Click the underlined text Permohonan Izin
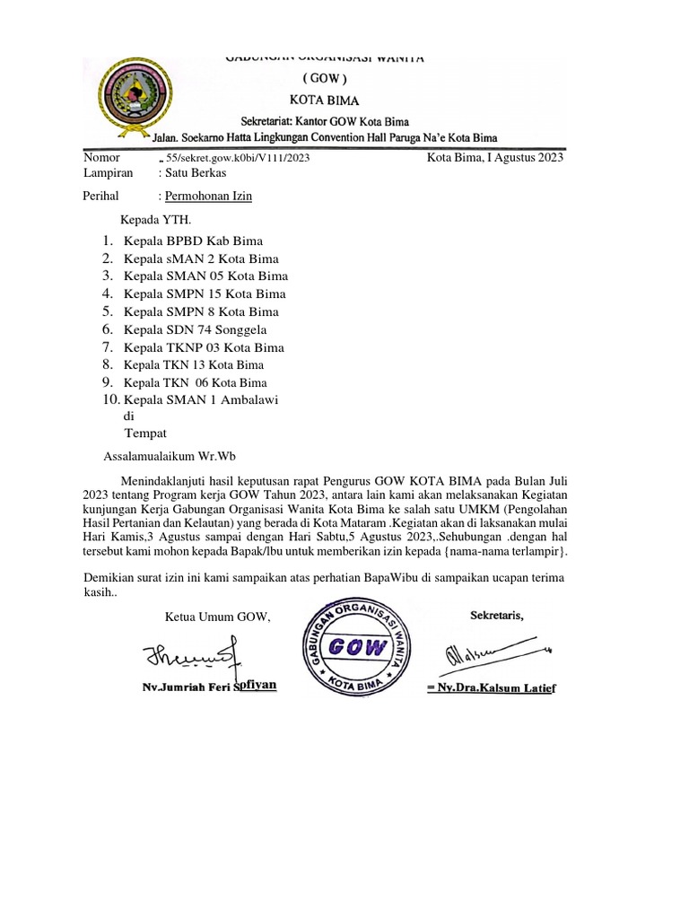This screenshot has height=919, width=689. click(205, 196)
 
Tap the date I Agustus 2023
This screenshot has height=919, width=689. click(495, 158)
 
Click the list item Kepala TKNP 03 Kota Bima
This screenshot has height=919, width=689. click(204, 347)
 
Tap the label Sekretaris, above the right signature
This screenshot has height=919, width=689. click(497, 615)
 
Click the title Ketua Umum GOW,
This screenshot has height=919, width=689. click(217, 617)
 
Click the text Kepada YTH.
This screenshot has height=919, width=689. click(155, 219)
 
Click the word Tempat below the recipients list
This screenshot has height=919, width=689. click(145, 433)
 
